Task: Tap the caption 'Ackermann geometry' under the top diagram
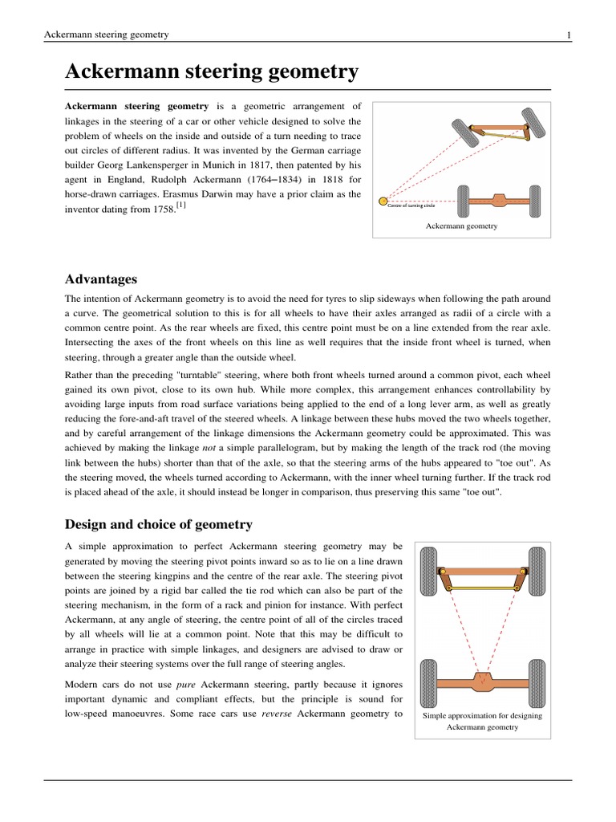pyautogui.click(x=461, y=226)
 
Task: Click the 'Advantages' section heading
pyautogui.click(x=100, y=279)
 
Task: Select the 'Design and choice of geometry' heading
pyautogui.click(x=158, y=524)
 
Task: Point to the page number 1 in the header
pyautogui.click(x=569, y=35)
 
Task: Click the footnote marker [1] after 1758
pyautogui.click(x=181, y=206)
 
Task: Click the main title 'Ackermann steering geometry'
pyautogui.click(x=211, y=72)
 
